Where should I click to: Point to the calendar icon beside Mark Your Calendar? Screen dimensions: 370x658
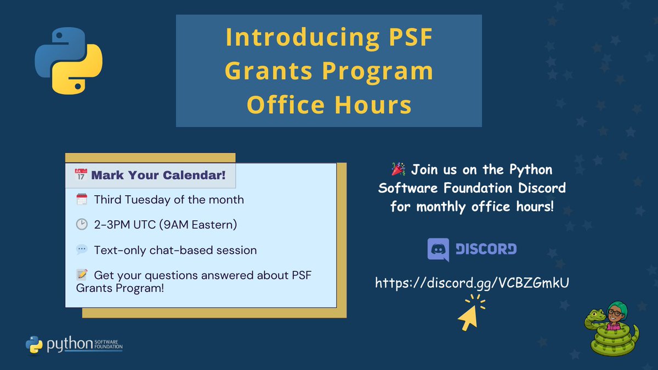tap(81, 175)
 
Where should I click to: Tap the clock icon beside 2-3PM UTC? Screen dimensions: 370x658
tap(82, 225)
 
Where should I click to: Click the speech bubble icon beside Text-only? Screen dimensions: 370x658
tap(82, 250)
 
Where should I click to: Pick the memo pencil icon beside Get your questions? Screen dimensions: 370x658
tap(82, 275)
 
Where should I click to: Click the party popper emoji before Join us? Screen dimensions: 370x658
tap(399, 168)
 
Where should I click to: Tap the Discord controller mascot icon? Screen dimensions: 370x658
tap(438, 250)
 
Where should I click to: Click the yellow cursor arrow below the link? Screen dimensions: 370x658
tap(469, 317)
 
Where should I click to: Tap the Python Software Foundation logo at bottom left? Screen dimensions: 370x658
tap(74, 343)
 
